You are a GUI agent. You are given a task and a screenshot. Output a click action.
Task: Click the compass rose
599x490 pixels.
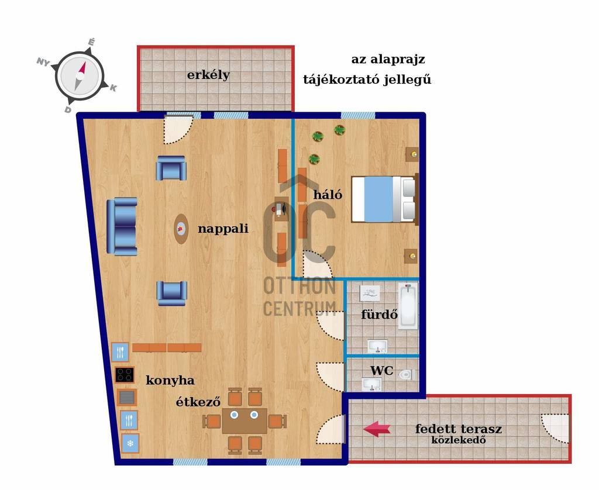[x=80, y=76]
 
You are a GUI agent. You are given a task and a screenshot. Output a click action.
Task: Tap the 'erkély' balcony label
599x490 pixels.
[x=208, y=75]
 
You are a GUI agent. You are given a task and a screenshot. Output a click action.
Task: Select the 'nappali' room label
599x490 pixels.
[x=223, y=229]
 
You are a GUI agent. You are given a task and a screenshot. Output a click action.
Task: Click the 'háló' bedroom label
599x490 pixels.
[x=328, y=194]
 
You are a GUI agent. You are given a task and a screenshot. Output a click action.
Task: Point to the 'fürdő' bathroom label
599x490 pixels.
[x=379, y=315]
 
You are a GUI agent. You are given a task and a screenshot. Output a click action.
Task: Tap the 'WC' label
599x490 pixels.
[x=381, y=371]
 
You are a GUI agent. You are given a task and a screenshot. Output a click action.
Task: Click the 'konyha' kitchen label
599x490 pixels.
[x=170, y=381]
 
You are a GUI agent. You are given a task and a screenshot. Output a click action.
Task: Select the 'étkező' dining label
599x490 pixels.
[x=198, y=402]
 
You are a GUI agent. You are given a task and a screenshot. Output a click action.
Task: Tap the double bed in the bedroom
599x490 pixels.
[x=384, y=199]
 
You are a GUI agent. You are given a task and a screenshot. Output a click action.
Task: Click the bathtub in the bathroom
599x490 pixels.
[x=408, y=306]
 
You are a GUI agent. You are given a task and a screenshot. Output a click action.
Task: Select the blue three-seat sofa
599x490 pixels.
[x=122, y=226]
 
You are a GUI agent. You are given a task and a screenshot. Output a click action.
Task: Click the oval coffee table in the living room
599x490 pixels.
[x=181, y=229]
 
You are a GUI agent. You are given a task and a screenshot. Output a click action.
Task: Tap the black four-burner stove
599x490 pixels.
[x=125, y=375]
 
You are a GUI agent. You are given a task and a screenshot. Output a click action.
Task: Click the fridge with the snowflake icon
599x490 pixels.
[x=130, y=443]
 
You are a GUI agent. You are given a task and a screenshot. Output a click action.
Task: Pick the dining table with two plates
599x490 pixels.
[x=245, y=421]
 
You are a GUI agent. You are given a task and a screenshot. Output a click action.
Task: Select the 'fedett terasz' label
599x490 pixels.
[x=459, y=429]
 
